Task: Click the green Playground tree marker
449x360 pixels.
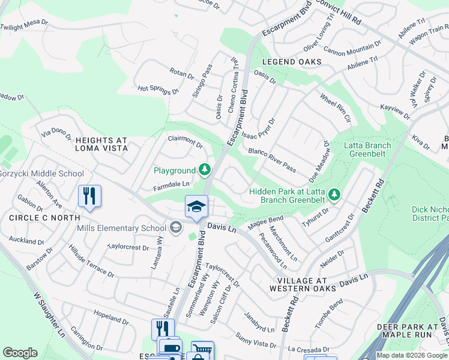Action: coord(205,170)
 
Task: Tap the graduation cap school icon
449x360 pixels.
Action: coord(196,207)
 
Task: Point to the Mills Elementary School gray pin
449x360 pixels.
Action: coord(175,227)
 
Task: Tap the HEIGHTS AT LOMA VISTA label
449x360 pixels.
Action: coord(101,143)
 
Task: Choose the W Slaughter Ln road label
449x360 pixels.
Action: coord(48,314)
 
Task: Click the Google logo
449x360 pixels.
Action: coord(20,353)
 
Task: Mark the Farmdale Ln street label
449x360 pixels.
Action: coord(171,184)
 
